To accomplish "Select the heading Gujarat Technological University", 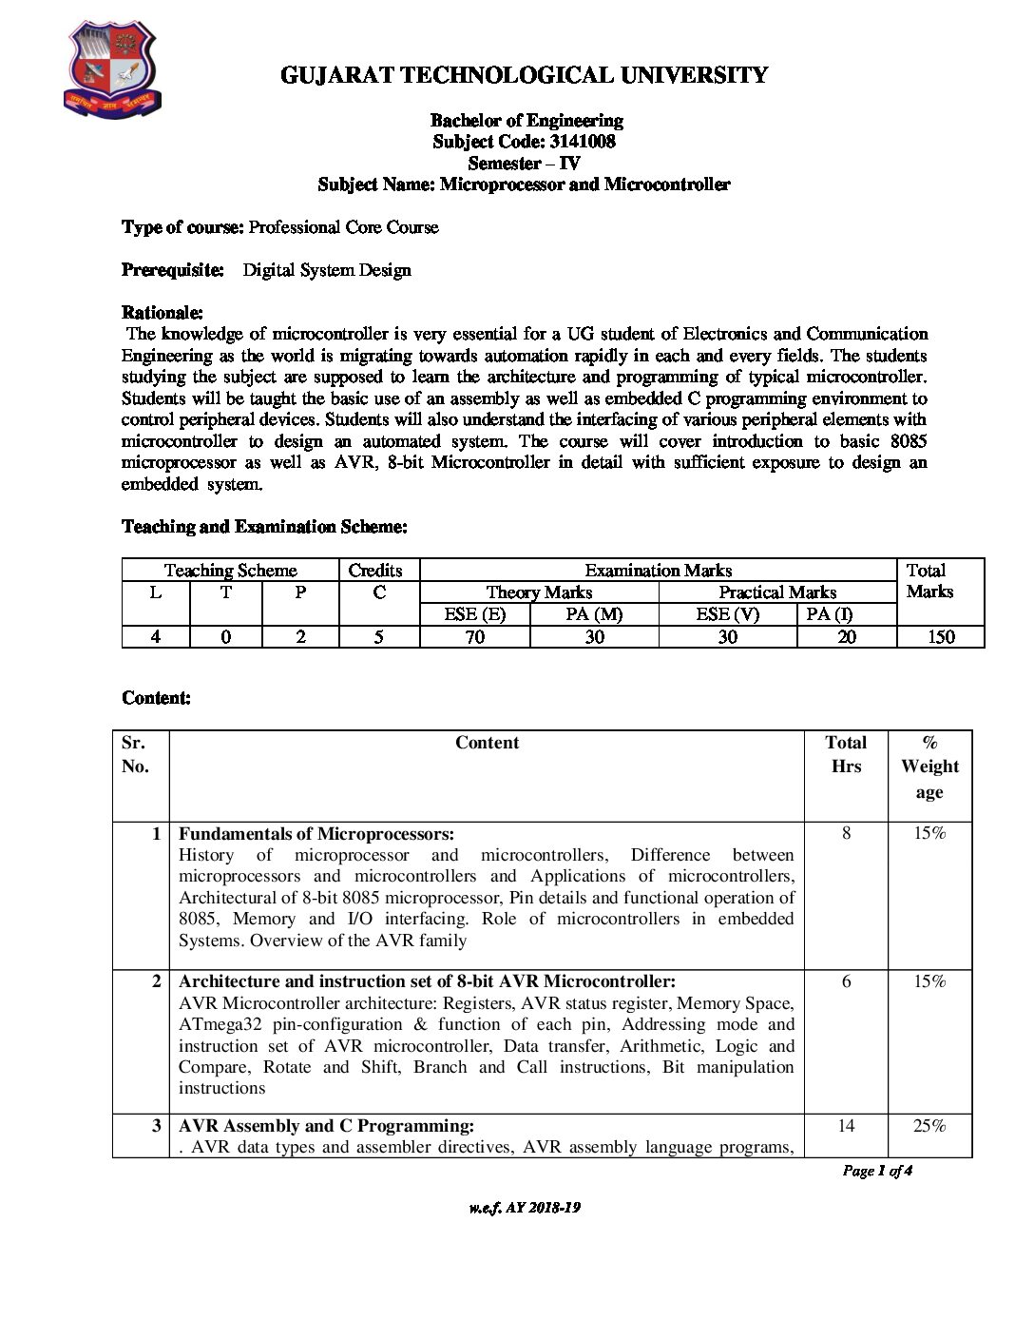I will pyautogui.click(x=524, y=75).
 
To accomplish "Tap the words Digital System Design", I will pyautogui.click(x=327, y=270).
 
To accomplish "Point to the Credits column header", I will pyautogui.click(x=375, y=571).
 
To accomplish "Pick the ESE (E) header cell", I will pyautogui.click(x=474, y=614).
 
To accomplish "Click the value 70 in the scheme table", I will pyautogui.click(x=474, y=637).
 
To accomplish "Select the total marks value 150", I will pyautogui.click(x=940, y=637).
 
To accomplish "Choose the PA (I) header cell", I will pyautogui.click(x=830, y=614).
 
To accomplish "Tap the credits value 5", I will pyautogui.click(x=378, y=637).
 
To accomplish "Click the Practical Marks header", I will pyautogui.click(x=777, y=592).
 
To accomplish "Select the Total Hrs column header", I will pyautogui.click(x=846, y=755).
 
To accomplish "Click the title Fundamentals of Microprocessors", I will pyautogui.click(x=316, y=834).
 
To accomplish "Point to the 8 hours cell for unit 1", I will pyautogui.click(x=846, y=834).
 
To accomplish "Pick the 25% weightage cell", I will pyautogui.click(x=929, y=1126).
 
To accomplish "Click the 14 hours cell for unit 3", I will pyautogui.click(x=846, y=1126).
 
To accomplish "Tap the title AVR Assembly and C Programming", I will pyautogui.click(x=326, y=1126).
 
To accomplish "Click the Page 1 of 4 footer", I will pyautogui.click(x=877, y=1171).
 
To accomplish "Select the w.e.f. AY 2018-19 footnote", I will pyautogui.click(x=525, y=1208).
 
